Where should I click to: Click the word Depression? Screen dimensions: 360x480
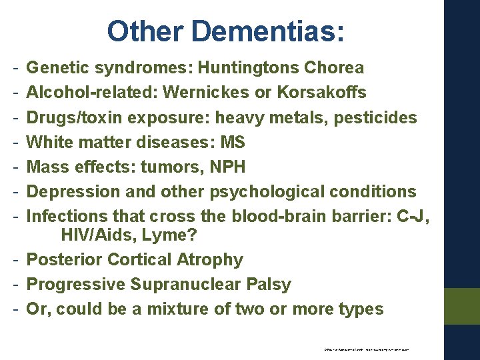click(x=69, y=192)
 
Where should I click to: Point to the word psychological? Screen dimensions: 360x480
click(x=267, y=192)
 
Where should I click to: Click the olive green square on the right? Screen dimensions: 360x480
click(x=461, y=306)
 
